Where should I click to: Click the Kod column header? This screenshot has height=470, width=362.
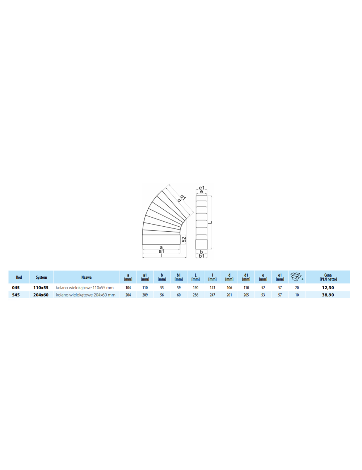tap(19, 277)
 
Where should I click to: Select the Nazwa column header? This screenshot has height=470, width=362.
tap(87, 277)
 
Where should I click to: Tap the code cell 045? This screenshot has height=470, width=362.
tap(16, 288)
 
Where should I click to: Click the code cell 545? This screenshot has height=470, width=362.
tap(16, 295)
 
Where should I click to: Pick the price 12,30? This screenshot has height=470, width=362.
tap(328, 288)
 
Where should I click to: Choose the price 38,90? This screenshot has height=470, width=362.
tap(328, 295)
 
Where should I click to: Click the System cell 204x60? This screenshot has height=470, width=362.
tap(41, 295)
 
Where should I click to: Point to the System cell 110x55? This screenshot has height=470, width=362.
tap(41, 288)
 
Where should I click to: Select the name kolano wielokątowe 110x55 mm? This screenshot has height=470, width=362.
tap(85, 288)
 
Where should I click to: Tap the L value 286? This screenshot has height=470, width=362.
tap(195, 295)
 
